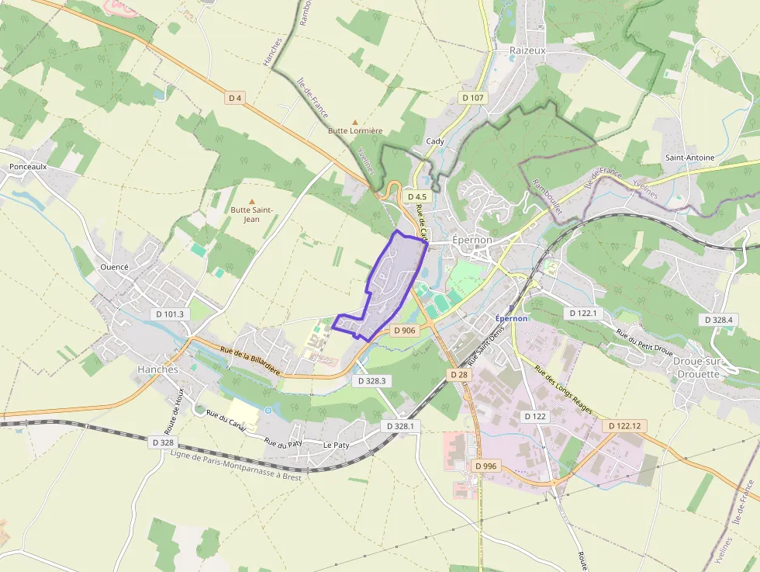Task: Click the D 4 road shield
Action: click(236, 98)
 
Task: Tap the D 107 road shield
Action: click(472, 98)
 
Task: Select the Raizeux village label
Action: click(528, 50)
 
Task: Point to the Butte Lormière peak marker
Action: click(356, 122)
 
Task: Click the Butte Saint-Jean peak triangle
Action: click(251, 201)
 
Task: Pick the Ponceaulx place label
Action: click(29, 167)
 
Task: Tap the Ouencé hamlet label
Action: click(114, 267)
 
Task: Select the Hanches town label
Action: click(158, 369)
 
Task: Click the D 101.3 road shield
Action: click(170, 314)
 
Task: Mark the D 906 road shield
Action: click(405, 331)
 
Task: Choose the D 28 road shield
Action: click(459, 375)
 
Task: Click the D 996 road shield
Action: click(485, 466)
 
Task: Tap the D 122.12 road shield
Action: click(624, 426)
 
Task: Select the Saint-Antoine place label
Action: click(689, 158)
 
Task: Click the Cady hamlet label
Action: click(435, 141)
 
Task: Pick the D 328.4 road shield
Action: click(719, 320)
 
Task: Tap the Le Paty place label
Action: click(336, 445)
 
